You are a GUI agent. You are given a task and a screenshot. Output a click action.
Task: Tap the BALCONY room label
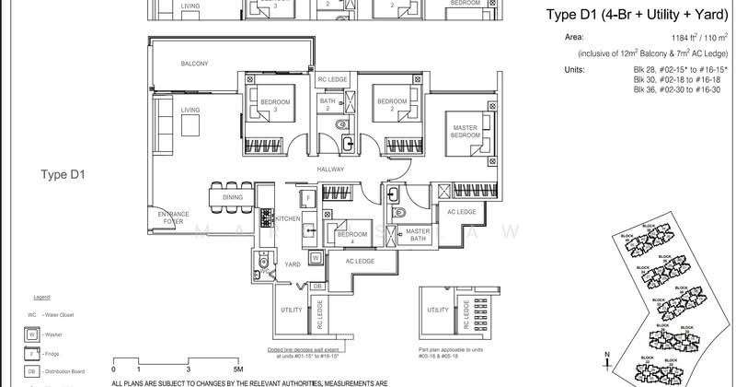[x=194, y=64]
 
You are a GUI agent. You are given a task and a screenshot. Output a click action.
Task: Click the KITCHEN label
[x=288, y=218]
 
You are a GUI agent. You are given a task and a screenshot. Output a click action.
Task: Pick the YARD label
[x=293, y=264]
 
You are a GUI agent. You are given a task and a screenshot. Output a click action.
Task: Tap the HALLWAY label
[x=331, y=170]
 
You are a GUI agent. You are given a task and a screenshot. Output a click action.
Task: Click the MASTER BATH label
[x=418, y=235]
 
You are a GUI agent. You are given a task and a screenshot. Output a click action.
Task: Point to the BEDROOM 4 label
[x=351, y=239]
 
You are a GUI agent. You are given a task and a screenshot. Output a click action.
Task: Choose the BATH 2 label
[x=327, y=105]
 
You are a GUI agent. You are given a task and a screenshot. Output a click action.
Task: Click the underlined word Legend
[x=41, y=299]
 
